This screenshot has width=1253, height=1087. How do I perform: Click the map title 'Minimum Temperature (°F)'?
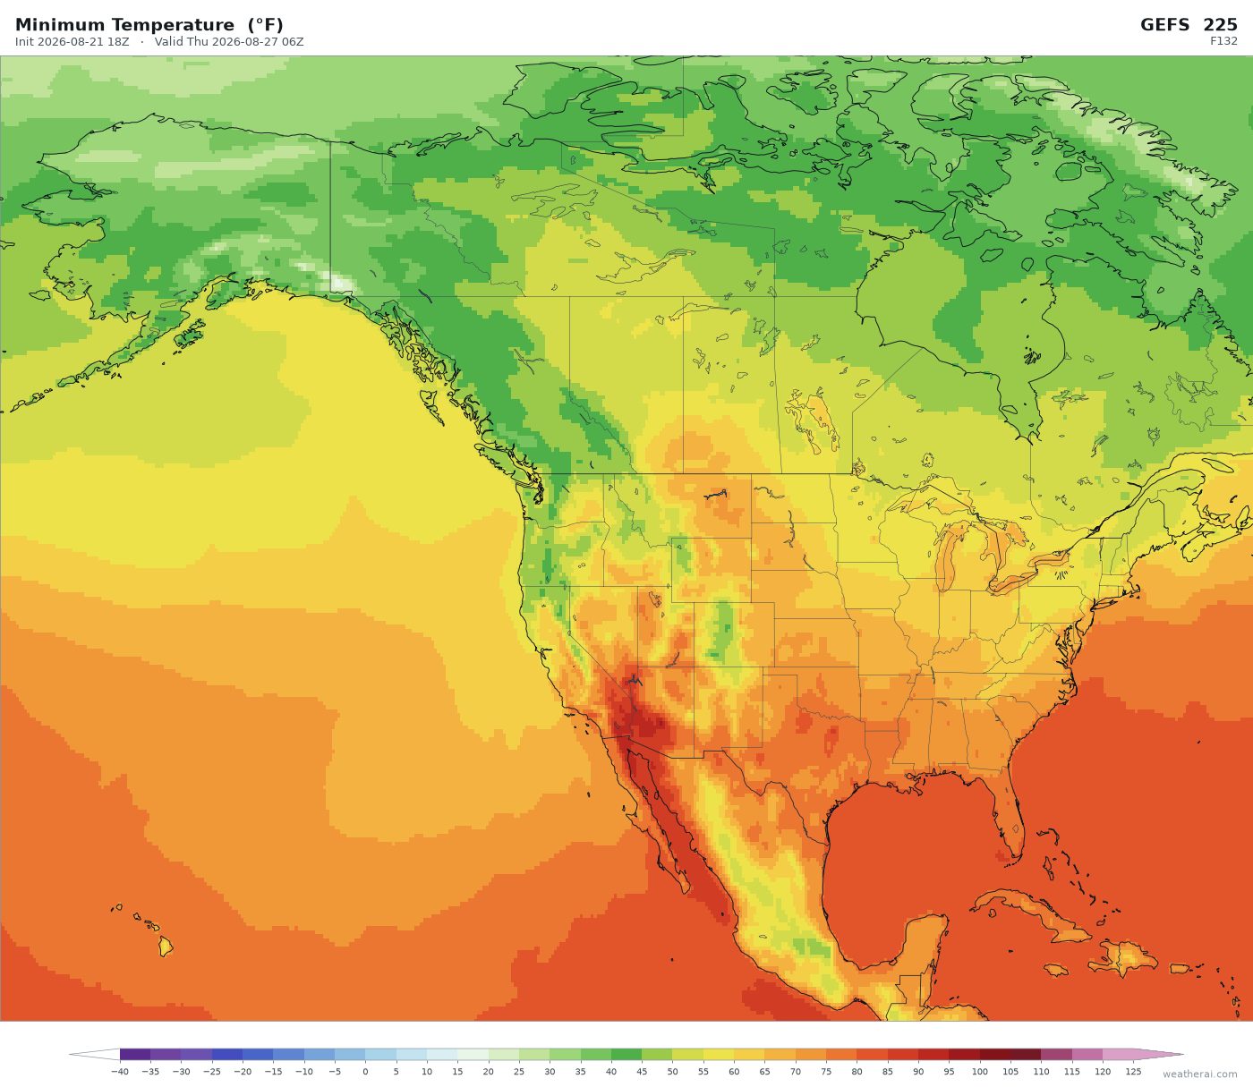click(149, 25)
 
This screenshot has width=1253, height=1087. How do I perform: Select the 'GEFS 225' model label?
click(1189, 25)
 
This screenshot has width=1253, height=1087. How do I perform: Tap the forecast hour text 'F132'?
click(1223, 41)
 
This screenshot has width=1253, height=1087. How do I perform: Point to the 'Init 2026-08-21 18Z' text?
click(72, 42)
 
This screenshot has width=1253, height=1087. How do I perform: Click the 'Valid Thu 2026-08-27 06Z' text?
click(229, 42)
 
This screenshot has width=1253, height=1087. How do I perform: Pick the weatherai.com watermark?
click(1199, 1074)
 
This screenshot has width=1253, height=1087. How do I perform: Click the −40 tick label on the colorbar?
click(119, 1071)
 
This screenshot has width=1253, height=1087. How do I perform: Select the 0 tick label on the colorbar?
click(366, 1071)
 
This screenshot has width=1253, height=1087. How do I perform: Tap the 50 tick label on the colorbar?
click(672, 1071)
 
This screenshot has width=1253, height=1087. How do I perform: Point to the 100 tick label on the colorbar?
click(980, 1071)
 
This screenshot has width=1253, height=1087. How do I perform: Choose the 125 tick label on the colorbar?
click(1133, 1071)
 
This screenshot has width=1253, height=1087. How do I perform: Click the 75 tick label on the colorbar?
click(826, 1071)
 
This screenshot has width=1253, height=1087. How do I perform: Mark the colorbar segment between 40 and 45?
click(626, 1054)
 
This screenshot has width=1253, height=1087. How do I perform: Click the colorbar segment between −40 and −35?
click(135, 1054)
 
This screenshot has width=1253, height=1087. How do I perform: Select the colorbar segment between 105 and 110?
click(1026, 1054)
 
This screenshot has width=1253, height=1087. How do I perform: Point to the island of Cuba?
click(1029, 912)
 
